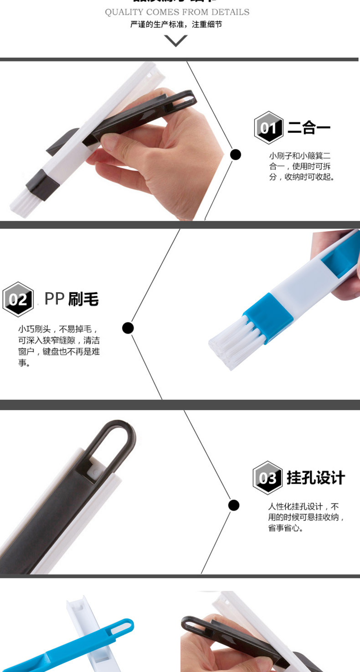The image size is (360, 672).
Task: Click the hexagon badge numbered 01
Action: point(269,128)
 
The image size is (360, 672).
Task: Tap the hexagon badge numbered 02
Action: point(18,300)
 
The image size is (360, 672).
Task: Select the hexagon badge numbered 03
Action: point(268,478)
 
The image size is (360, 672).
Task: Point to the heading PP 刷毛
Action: point(72,299)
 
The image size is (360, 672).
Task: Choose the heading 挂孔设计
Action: point(315,478)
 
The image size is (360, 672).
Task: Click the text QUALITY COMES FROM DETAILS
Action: point(177,12)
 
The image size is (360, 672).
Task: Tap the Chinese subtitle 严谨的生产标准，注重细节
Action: point(176,25)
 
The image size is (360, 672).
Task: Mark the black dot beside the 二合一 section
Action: point(235,155)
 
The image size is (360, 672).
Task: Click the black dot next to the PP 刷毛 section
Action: point(128,328)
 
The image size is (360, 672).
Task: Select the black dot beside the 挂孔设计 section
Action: point(234,505)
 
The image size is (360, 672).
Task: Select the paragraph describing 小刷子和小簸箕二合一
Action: point(302,166)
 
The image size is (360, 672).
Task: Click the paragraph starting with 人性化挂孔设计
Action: point(306,517)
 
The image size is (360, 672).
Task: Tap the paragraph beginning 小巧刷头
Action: point(58,346)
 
